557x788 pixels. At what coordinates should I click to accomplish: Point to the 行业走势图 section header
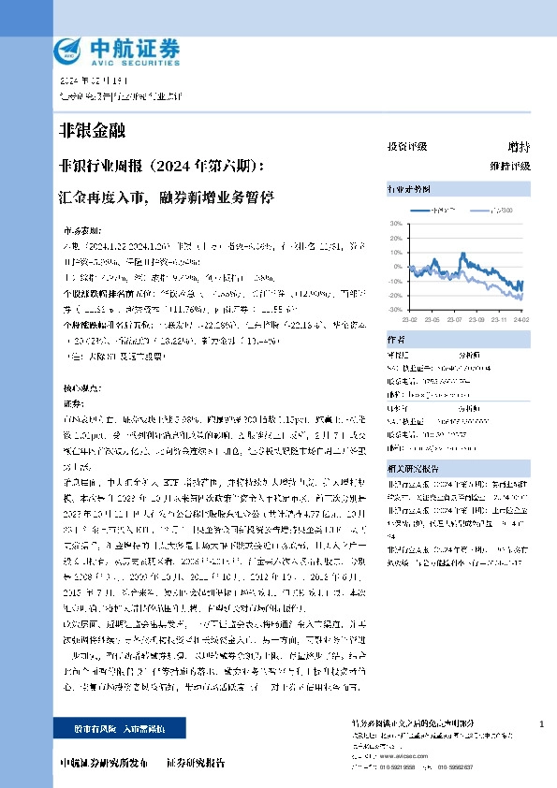(x=409, y=189)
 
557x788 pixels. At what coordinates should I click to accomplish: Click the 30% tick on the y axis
(x=394, y=224)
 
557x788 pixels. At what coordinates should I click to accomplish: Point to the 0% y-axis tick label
(x=396, y=267)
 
